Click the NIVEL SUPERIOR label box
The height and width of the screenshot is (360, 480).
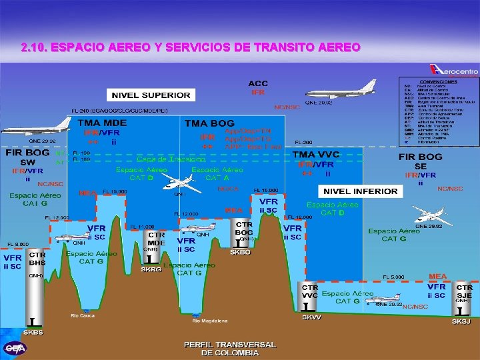click(155, 95)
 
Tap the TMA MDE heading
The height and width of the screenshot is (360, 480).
click(103, 123)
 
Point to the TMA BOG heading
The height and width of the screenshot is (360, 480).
click(209, 123)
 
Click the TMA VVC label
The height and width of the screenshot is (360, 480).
click(317, 154)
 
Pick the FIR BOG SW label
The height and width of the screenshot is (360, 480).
click(27, 157)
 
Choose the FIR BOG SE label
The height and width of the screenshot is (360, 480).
click(421, 161)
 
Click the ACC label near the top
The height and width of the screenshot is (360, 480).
click(258, 83)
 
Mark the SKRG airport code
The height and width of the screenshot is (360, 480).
click(151, 270)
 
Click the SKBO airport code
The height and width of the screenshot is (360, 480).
click(240, 253)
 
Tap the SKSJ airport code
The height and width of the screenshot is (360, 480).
click(461, 321)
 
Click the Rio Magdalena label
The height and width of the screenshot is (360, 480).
click(206, 321)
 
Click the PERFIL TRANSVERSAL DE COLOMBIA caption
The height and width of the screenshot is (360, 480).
click(230, 348)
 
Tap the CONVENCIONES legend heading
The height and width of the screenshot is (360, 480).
click(437, 81)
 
